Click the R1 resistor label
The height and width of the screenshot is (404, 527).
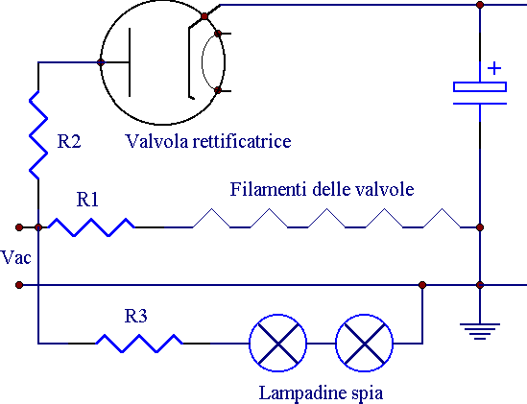[x=87, y=200]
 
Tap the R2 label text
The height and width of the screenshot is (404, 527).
[x=69, y=141]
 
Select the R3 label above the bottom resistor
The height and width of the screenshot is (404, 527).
[x=135, y=316]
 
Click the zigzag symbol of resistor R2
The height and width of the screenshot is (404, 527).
[x=38, y=134]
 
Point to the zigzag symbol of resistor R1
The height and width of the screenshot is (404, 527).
[x=91, y=227]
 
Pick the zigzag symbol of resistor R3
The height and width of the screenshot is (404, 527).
[x=139, y=344]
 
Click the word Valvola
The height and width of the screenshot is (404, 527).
[x=157, y=141]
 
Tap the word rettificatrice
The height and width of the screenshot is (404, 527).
[x=242, y=141]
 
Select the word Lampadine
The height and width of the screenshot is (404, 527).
[x=299, y=393]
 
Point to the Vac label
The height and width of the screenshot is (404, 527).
[x=15, y=258]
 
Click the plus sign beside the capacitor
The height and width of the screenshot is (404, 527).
[x=494, y=68]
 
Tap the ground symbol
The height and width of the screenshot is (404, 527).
[x=480, y=331]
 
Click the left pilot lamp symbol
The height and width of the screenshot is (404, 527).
[x=278, y=344]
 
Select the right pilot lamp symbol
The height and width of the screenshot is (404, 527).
[x=365, y=344]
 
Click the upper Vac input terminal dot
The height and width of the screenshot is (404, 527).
[x=19, y=227]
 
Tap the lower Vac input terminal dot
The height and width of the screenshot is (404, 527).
[x=19, y=285]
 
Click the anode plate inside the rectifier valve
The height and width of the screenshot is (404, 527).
[x=130, y=62]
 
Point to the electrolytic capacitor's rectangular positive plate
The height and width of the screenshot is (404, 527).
[x=480, y=86]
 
